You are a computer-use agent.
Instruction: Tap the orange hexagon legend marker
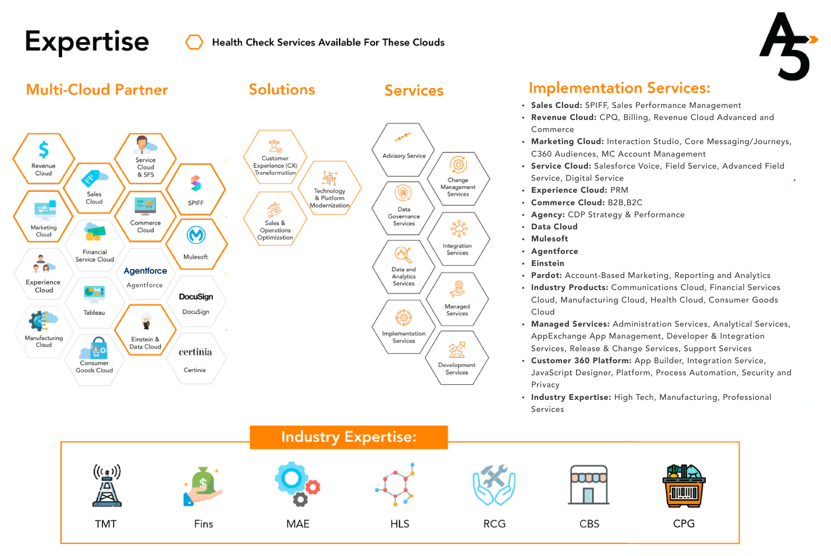(x=194, y=42)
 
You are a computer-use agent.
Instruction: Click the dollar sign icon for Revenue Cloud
(x=44, y=150)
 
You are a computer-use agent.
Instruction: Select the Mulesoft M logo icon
(x=196, y=235)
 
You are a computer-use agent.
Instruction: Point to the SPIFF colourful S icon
(x=196, y=183)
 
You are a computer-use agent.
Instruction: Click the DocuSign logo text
(x=196, y=297)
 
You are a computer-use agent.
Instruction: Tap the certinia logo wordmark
(x=195, y=352)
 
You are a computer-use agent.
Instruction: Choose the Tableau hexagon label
(x=94, y=313)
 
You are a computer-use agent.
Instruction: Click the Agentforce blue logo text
(x=145, y=271)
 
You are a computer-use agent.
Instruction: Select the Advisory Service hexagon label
(x=404, y=156)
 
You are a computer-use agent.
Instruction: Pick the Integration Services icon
(x=459, y=229)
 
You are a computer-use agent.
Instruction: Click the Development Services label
(x=457, y=369)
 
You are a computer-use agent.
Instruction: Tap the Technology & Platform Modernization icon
(x=330, y=178)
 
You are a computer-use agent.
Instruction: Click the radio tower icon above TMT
(x=107, y=485)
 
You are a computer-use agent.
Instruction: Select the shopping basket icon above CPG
(x=684, y=485)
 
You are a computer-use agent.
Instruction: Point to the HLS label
(x=400, y=524)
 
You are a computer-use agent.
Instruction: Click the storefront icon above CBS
(x=588, y=485)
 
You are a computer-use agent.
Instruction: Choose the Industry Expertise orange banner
(x=349, y=437)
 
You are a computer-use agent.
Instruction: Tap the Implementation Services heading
(x=620, y=88)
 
